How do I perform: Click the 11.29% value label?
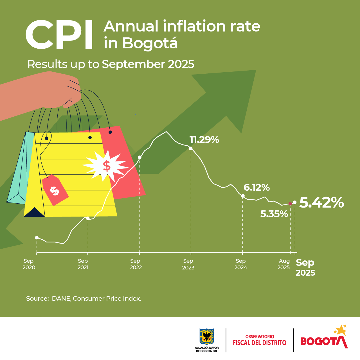204,140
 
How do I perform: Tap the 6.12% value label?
256,188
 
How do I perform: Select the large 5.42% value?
321,202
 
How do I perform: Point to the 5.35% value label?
274,214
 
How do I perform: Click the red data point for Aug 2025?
290,204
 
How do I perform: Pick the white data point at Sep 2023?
191,148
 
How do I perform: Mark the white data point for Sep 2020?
37,238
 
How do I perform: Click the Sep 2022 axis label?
136,264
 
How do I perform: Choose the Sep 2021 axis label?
83,264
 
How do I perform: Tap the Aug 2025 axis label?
284,264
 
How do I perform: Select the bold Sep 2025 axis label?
305,267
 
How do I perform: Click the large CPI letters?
59,35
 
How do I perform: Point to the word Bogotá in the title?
150,43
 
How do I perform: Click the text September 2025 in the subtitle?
148,64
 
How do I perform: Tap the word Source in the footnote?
37,299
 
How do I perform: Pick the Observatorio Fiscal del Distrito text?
260,340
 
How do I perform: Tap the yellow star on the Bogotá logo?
341,330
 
